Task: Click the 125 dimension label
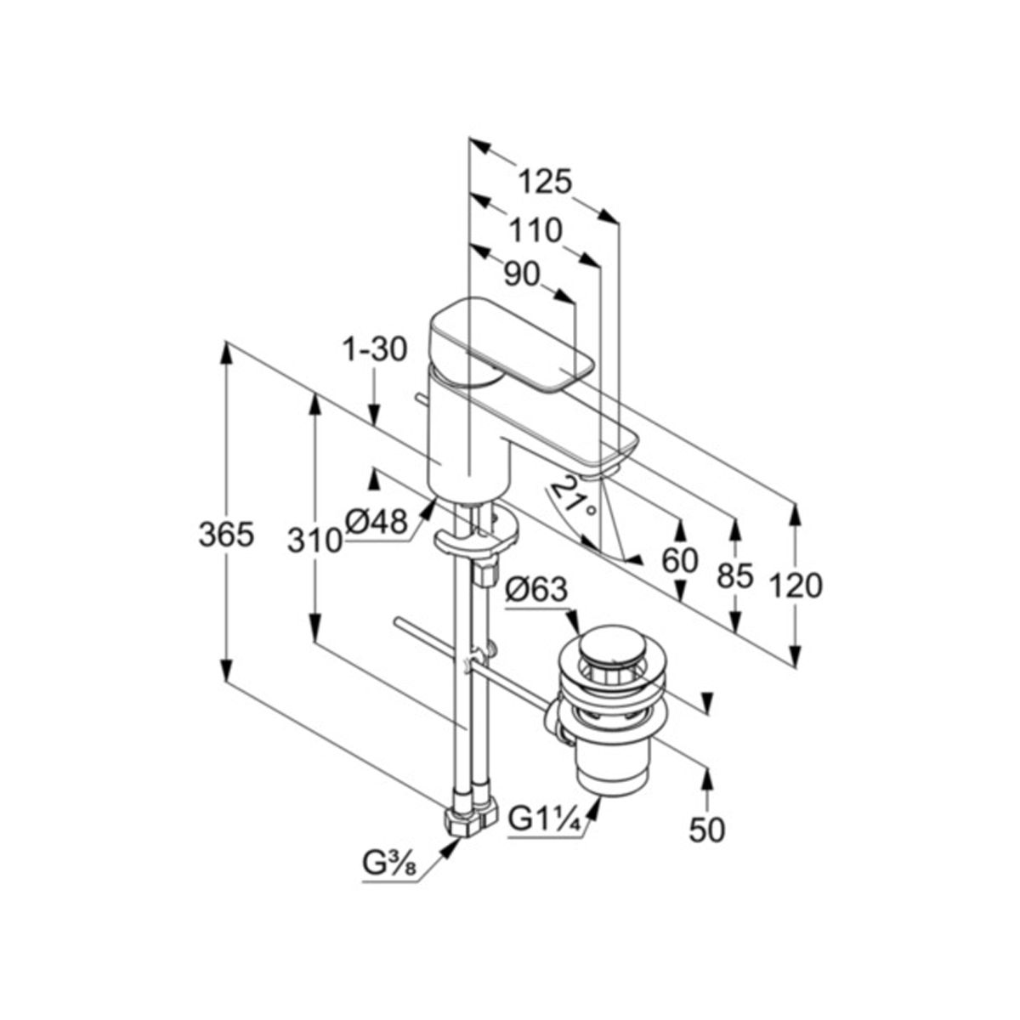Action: click(545, 183)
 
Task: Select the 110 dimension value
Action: click(535, 231)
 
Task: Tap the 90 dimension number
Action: click(521, 275)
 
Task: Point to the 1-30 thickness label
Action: click(375, 350)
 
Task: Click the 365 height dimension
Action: click(227, 535)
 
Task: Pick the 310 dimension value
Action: click(314, 541)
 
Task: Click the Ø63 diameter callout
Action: click(536, 589)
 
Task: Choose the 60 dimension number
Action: click(680, 560)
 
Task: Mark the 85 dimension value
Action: click(734, 576)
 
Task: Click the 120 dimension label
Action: click(796, 586)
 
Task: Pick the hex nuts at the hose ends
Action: click(471, 820)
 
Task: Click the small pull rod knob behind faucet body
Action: click(422, 399)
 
